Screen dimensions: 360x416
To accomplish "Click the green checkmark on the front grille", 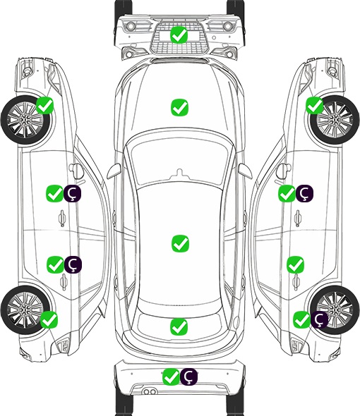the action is (179, 35).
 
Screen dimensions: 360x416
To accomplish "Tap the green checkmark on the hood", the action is (179, 107).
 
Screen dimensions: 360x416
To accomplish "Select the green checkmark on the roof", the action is (180, 243).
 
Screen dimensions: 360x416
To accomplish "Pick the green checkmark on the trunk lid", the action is (179, 326).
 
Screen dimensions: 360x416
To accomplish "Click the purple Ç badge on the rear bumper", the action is (188, 377).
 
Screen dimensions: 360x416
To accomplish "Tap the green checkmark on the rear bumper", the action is (172, 377).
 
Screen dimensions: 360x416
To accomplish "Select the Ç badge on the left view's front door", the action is (72, 193).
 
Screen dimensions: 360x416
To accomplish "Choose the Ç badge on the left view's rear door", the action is (73, 264).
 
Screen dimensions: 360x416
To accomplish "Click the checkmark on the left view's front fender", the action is (44, 105).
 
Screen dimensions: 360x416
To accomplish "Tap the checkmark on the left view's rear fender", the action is (49, 319).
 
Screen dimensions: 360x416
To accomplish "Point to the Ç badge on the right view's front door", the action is (304, 193).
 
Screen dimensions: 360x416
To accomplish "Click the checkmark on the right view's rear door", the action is (295, 264).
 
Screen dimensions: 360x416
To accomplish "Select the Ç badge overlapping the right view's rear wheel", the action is (319, 319).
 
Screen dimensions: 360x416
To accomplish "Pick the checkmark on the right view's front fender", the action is (315, 105).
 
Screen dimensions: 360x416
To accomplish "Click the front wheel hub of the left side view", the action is (25, 120).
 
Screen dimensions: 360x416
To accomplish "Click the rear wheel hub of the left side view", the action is (25, 310).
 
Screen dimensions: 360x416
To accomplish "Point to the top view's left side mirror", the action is (114, 171).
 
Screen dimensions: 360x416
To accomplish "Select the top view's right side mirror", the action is (245, 171).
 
